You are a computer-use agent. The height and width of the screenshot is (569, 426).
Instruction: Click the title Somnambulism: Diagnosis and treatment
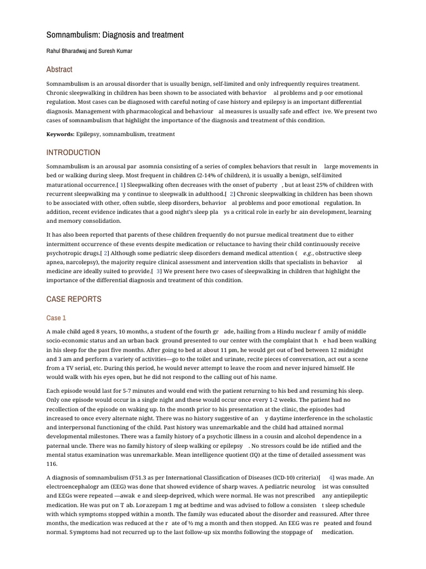point(115,35)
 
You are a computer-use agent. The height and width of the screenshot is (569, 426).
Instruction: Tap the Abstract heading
point(59,69)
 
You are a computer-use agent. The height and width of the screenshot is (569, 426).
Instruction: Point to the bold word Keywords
point(60,134)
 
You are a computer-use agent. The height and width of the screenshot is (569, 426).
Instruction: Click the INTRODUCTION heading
point(73,152)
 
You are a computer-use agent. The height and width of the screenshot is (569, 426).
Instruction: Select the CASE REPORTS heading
point(74,299)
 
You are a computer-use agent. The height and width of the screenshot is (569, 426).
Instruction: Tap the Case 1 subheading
point(56,318)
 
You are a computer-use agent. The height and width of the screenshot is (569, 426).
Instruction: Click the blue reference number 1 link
point(122,184)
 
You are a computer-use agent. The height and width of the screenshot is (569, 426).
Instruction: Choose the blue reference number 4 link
point(331,477)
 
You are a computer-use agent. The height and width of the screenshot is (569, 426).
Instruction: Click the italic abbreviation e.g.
point(307,253)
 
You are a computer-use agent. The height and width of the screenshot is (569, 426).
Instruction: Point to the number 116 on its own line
point(52,464)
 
